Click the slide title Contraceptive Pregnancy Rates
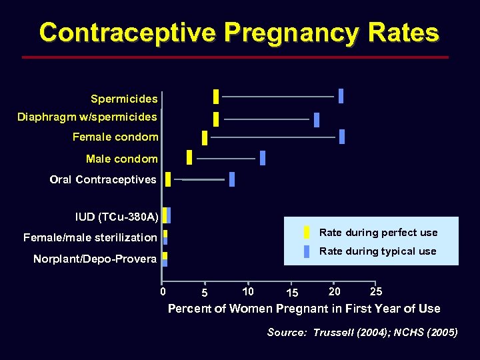coord(239,32)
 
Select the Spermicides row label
coord(124,99)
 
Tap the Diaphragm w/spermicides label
coord(87,117)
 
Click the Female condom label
coord(115,137)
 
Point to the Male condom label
coord(122,159)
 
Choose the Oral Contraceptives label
coord(103,179)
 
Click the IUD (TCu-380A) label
coord(117,217)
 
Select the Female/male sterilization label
coord(90,237)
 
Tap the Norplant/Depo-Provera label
coord(95,259)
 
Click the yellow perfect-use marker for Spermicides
coord(216,97)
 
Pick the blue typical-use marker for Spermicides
coord(341,96)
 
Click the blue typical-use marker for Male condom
coord(263,158)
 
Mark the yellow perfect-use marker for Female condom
coord(205,137)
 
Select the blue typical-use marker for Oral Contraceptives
coord(232,179)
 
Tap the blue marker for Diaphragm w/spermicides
coord(317,120)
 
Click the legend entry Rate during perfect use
coord(378,233)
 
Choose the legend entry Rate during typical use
coord(377,251)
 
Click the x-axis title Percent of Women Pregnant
coord(304,309)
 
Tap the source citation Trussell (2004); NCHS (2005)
coord(362,333)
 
